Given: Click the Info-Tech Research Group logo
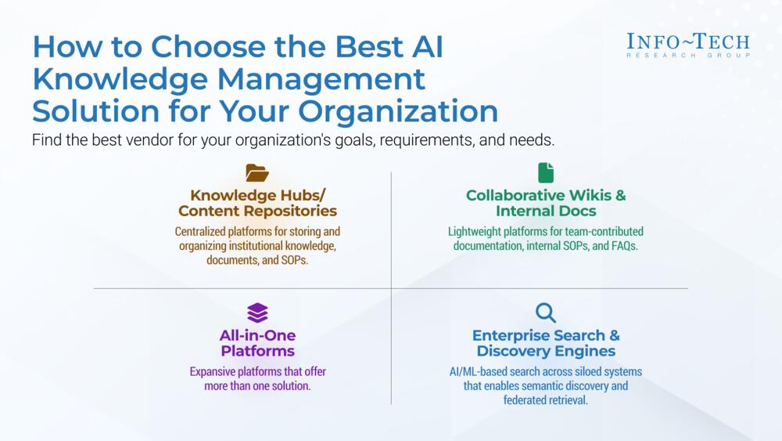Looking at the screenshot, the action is pyautogui.click(x=688, y=45).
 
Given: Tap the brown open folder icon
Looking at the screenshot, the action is pyautogui.click(x=257, y=173).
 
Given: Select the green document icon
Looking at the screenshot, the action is pyautogui.click(x=546, y=173).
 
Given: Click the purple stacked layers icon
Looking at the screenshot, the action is pyautogui.click(x=257, y=313).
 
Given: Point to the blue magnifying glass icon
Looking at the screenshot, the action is pyautogui.click(x=546, y=313).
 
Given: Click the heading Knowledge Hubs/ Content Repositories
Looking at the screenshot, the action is pyautogui.click(x=257, y=203).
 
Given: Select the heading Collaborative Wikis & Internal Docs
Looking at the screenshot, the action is pyautogui.click(x=546, y=203).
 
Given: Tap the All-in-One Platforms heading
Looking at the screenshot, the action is pyautogui.click(x=257, y=343).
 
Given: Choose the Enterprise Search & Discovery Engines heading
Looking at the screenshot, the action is pyautogui.click(x=546, y=343).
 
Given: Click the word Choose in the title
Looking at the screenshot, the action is pyautogui.click(x=209, y=46).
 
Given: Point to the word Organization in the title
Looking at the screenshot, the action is pyautogui.click(x=398, y=111).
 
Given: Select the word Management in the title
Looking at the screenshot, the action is pyautogui.click(x=321, y=79).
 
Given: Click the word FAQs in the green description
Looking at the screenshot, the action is pyautogui.click(x=624, y=246).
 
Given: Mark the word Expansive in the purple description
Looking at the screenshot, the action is pyautogui.click(x=212, y=372).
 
